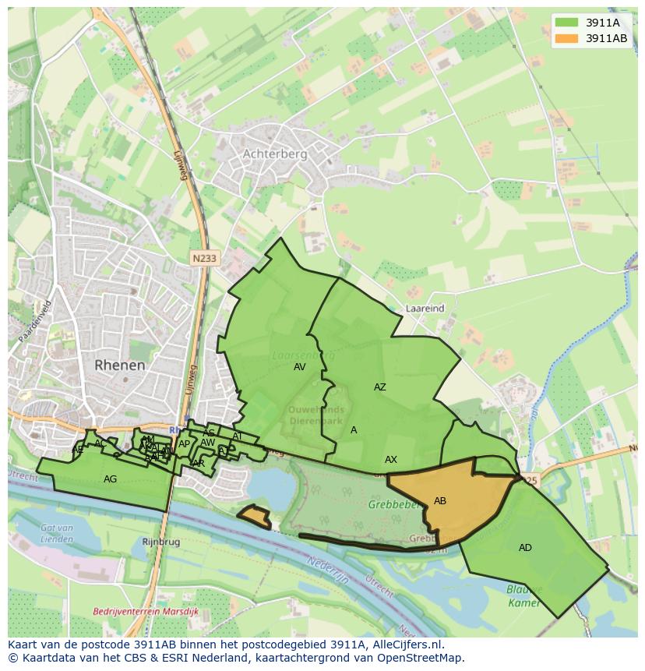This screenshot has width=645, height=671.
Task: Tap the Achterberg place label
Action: (275, 154)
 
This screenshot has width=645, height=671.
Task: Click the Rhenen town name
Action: (120, 365)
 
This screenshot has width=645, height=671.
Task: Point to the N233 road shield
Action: (205, 257)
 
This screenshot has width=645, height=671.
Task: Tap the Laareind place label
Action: (425, 309)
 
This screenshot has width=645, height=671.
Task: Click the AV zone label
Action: (300, 367)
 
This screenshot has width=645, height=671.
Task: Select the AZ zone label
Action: (379, 387)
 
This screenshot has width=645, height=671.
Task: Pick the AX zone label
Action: (391, 460)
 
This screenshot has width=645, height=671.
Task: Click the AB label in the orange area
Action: (440, 501)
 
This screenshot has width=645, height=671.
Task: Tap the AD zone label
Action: (525, 548)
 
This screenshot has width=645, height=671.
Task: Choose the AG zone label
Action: (111, 479)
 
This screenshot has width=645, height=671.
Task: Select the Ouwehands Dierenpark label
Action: (316, 415)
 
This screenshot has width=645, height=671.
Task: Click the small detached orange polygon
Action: (254, 517)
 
